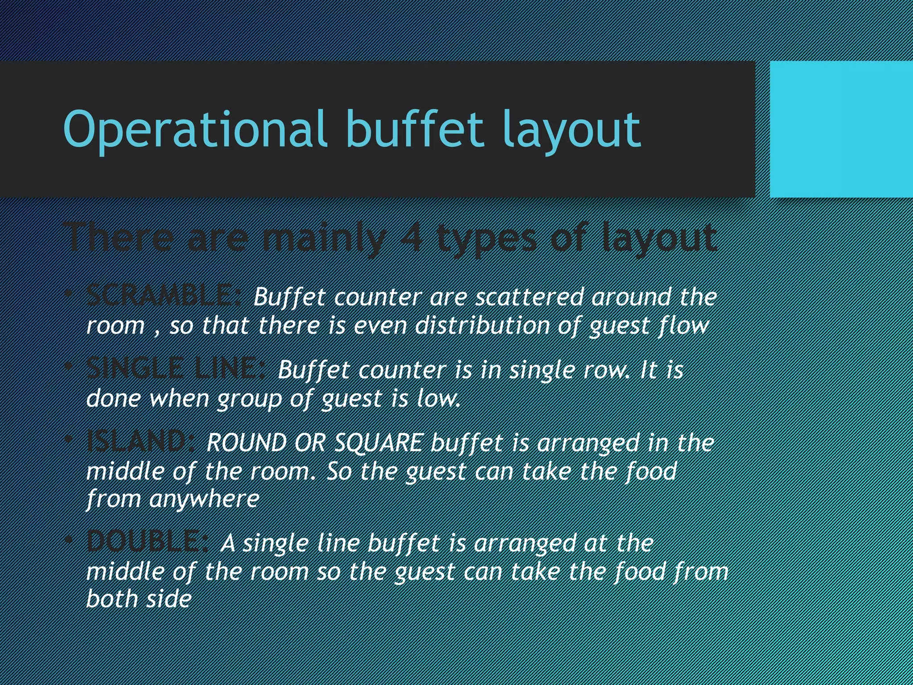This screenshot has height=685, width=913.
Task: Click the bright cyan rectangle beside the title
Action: (841, 129)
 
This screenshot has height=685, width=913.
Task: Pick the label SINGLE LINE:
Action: (177, 369)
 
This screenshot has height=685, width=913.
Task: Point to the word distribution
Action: (482, 326)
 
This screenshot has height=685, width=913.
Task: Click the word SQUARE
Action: (378, 443)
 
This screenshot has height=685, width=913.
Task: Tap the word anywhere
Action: (204, 499)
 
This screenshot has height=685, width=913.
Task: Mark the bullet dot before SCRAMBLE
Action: (68, 294)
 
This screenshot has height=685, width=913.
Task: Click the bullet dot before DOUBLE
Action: (68, 540)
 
